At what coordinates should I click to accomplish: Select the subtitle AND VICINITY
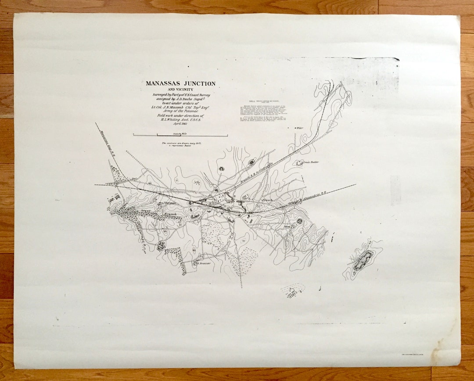point(180,90)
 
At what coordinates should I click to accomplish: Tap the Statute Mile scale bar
point(180,135)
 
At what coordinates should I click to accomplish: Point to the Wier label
point(300,128)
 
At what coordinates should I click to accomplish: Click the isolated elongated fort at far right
point(363,260)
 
